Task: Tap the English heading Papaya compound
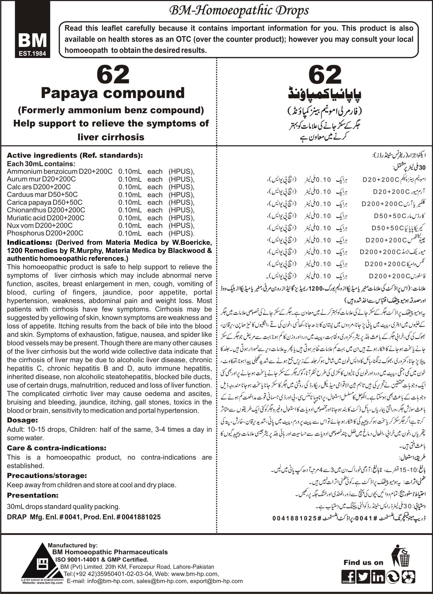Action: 113,93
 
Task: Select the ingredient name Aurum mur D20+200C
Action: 41,179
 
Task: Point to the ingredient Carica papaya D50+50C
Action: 45,202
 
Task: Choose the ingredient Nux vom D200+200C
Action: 40,225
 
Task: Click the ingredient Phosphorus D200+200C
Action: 45,233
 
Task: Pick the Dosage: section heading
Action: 22,420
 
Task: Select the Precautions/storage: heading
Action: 47,476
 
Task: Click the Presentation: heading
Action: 33,495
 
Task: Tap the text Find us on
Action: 363,562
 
